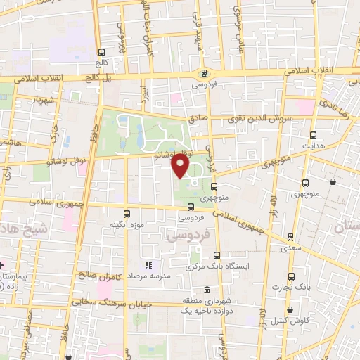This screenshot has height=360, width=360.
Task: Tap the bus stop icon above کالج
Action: pyautogui.click(x=102, y=52)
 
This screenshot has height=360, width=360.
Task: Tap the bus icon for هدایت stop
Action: pyautogui.click(x=313, y=135)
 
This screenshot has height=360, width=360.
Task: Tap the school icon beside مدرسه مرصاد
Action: pyautogui.click(x=148, y=266)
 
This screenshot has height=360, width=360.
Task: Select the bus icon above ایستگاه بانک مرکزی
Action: pyautogui.click(x=216, y=255)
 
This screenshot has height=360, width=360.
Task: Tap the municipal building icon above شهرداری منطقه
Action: pyautogui.click(x=207, y=290)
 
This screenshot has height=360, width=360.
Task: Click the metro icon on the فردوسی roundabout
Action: pyautogui.click(x=204, y=73)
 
